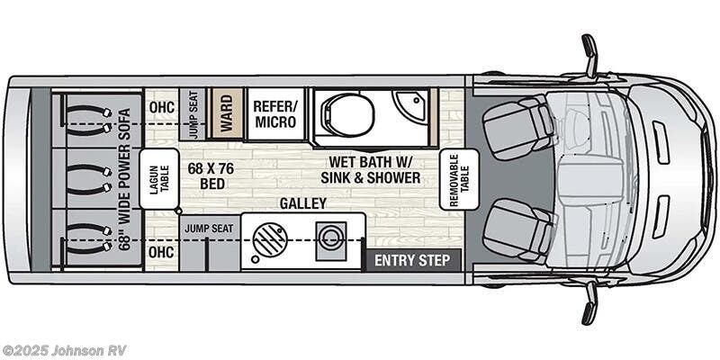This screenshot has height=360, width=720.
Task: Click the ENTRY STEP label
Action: pos(411,262)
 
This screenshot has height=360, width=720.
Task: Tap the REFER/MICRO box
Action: pos(275,114)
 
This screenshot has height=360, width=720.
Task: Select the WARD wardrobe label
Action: pos(227,113)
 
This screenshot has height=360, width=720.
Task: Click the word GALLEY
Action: pos(302,204)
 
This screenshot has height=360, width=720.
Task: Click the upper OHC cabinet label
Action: pos(162,106)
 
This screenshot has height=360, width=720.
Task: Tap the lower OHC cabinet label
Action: pos(162,249)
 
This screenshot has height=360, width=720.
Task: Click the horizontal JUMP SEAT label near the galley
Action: pos(209,229)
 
